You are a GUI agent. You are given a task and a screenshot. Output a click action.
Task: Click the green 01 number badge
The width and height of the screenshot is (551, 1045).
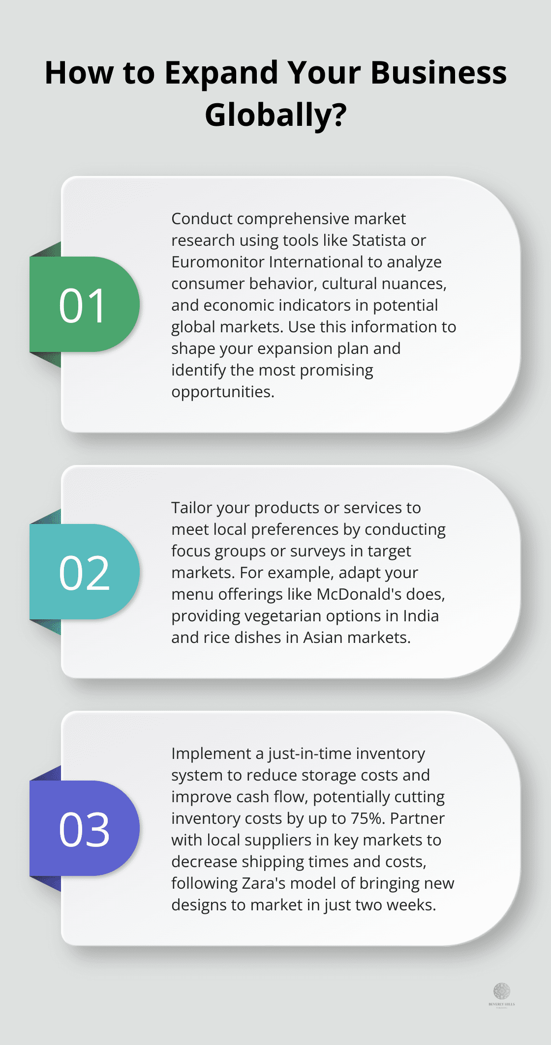coord(84,305)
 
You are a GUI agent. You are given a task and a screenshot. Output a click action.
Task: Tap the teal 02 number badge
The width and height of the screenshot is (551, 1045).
coord(84,572)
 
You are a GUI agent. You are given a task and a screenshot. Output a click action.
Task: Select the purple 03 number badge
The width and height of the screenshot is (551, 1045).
coord(84,829)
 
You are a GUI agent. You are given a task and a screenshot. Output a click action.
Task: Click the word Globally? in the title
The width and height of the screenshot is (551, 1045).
coord(275,115)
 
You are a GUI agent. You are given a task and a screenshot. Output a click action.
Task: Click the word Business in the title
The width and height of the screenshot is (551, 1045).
coord(438,73)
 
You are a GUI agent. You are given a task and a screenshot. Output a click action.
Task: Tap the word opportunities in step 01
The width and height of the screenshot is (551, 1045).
coord(222,392)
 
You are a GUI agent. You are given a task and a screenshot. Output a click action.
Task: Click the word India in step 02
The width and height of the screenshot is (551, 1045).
coord(421,616)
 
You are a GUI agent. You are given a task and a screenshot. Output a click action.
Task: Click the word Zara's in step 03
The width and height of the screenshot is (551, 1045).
coord(263,883)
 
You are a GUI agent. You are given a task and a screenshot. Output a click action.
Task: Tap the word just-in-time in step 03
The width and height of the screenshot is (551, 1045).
coord(309,754)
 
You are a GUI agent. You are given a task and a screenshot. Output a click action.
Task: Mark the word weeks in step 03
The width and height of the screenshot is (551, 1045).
coord(414,905)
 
